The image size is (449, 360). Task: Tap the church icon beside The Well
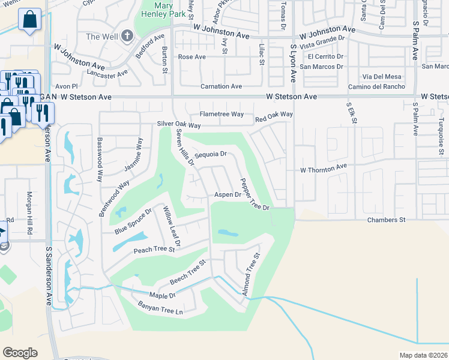[x=126, y=36]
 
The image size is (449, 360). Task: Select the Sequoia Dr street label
[x=210, y=154]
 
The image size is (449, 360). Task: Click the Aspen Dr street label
[x=228, y=194]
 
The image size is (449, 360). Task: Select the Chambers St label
[x=386, y=220]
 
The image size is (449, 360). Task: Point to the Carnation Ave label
[x=221, y=86]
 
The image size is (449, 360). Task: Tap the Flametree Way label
[x=221, y=114]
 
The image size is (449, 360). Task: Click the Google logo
[x=20, y=352]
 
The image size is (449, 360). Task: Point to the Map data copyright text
[x=423, y=355]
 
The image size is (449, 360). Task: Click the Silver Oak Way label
[x=178, y=124]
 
